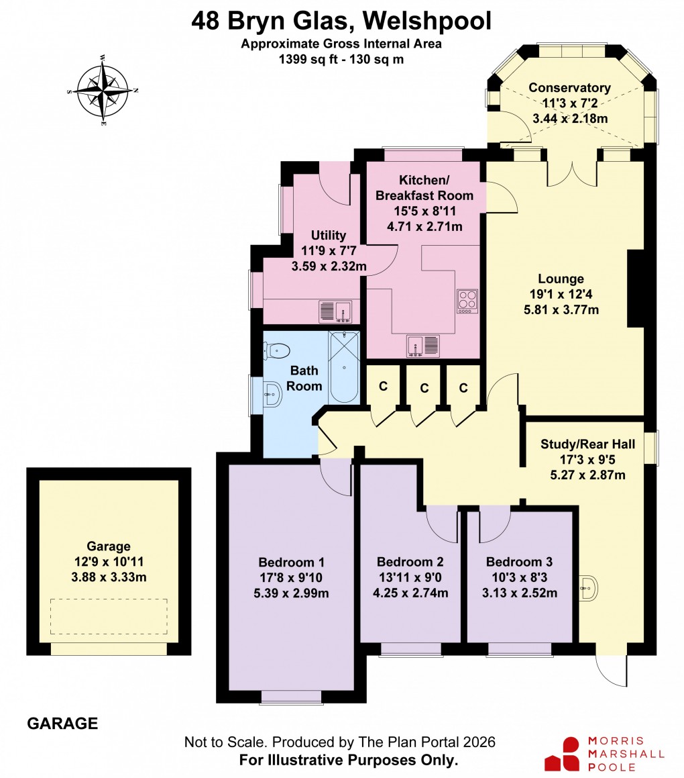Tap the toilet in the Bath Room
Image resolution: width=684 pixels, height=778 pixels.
pyautogui.click(x=278, y=350)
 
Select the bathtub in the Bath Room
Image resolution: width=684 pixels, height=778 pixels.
pyautogui.click(x=344, y=367)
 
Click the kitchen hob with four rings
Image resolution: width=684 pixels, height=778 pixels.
pyautogui.click(x=467, y=301)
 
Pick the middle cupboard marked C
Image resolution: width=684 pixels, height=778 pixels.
pyautogui.click(x=424, y=388)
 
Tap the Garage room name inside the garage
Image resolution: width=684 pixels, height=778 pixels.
pyautogui.click(x=109, y=546)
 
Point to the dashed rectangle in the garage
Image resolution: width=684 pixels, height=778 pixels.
pyautogui.click(x=109, y=616)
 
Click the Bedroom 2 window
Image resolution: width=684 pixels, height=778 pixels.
pyautogui.click(x=410, y=648)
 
